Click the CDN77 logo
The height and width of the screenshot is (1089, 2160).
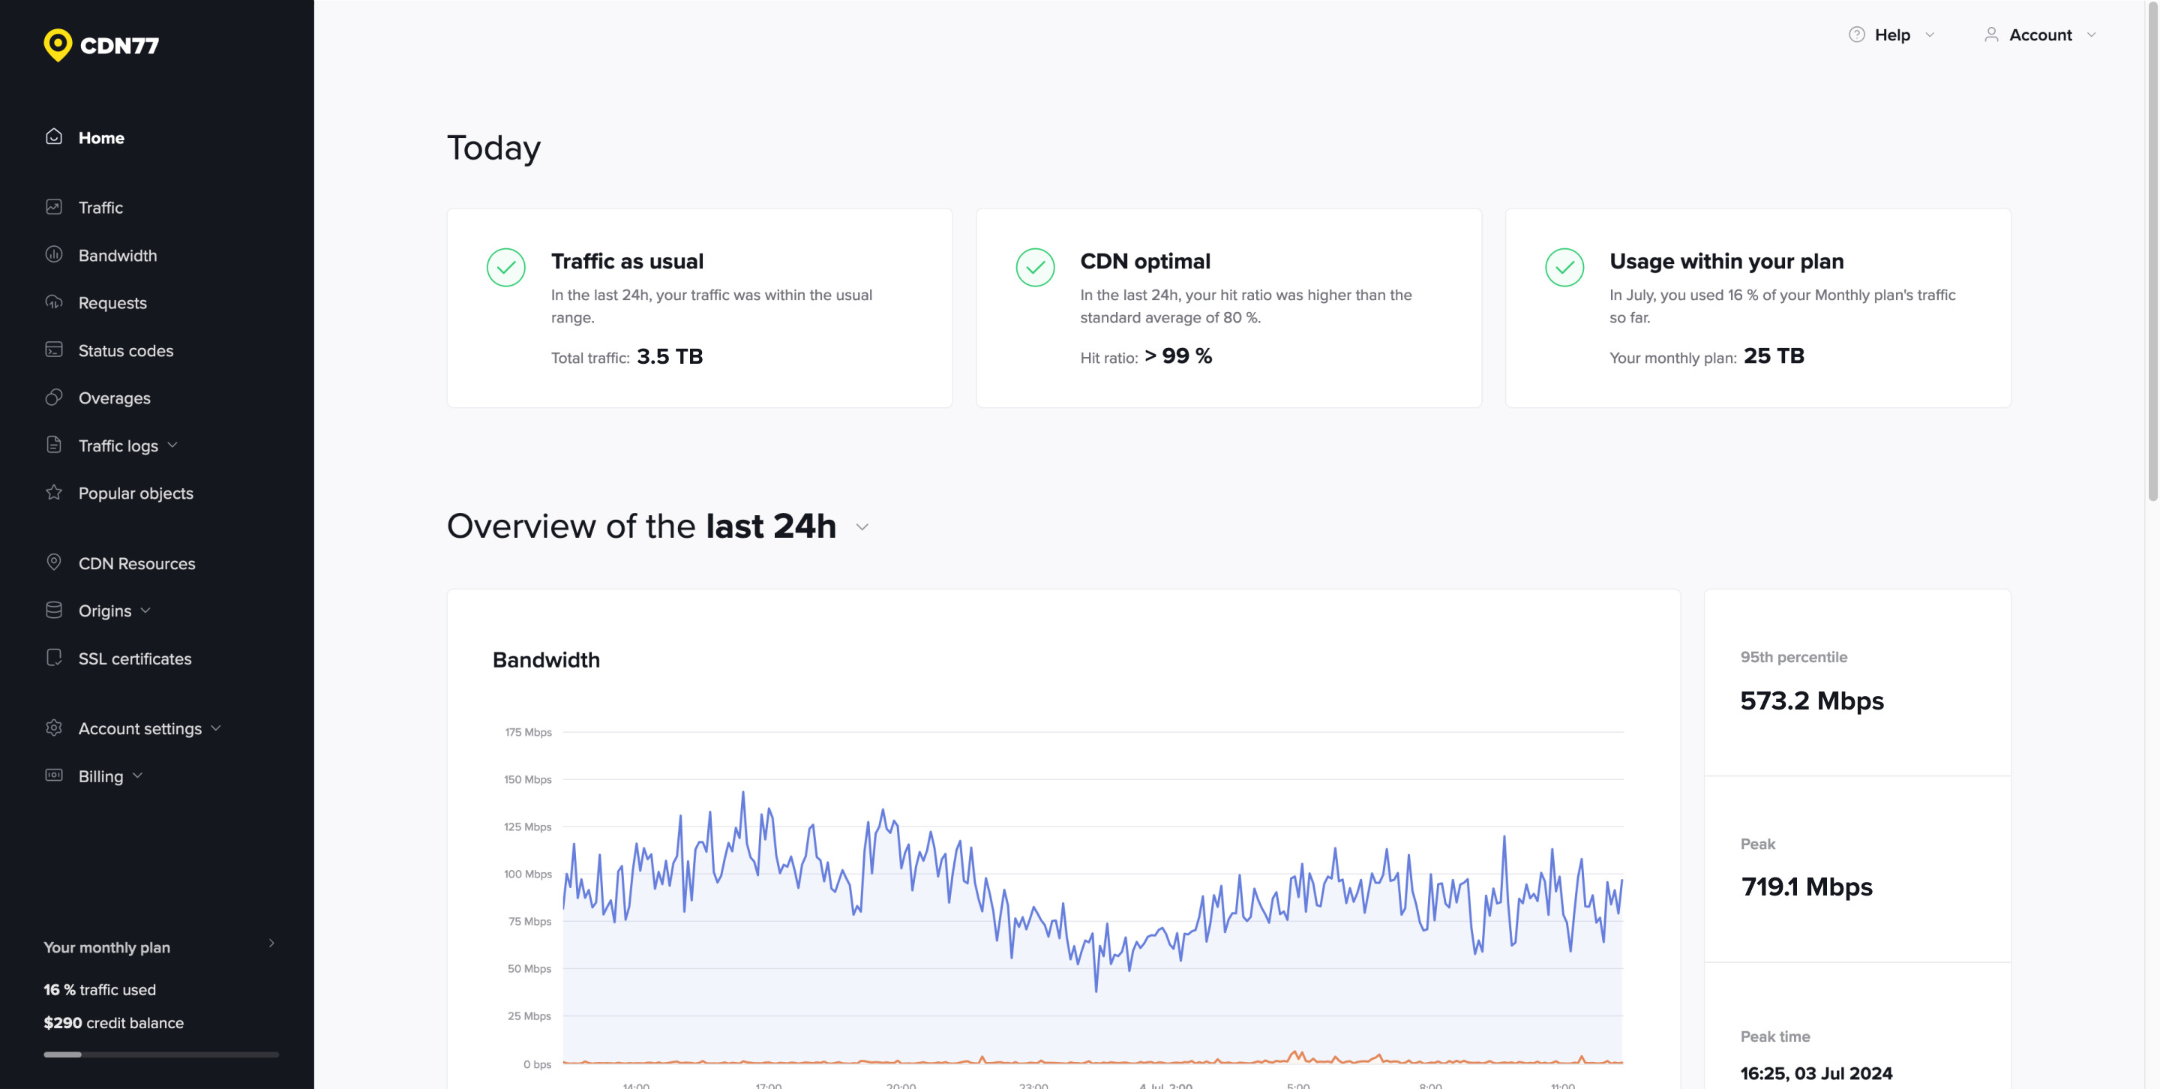coord(101,45)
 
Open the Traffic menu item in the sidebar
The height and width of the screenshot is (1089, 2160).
coord(100,207)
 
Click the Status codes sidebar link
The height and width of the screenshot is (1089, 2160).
coord(125,350)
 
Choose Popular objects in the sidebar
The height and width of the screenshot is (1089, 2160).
coord(135,493)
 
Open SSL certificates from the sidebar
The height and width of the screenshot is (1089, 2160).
coord(134,658)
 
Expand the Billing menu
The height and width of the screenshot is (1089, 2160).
coord(100,776)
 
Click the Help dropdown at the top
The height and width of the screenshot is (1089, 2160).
coord(1891,35)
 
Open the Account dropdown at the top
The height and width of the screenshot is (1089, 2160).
coord(2039,35)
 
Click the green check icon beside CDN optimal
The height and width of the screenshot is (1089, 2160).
coord(1035,268)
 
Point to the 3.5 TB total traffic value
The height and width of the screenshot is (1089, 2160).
coord(669,356)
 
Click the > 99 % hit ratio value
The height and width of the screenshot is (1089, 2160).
coord(1177,356)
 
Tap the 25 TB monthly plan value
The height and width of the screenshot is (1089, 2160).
coord(1774,356)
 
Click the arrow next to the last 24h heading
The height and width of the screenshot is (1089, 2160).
coord(862,527)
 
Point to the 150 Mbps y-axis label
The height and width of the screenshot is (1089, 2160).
coord(527,780)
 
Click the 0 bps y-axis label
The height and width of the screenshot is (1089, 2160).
coord(537,1063)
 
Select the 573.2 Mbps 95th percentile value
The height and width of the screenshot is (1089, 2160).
coord(1811,700)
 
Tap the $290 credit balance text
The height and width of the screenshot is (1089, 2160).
coord(113,1023)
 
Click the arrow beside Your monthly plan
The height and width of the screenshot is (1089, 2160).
coord(271,943)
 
